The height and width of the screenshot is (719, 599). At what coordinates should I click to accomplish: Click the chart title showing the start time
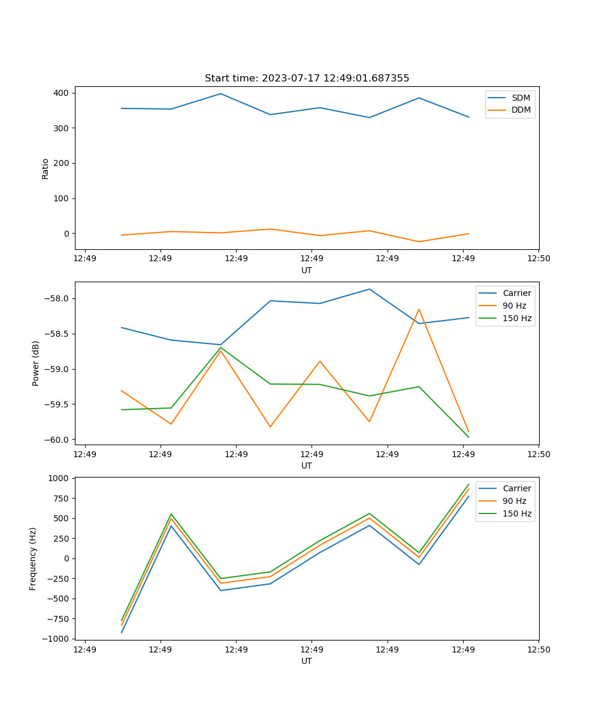coord(307,78)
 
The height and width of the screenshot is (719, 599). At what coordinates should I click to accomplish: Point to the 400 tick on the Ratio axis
coord(61,93)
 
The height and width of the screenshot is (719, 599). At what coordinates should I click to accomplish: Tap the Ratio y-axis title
coord(46,168)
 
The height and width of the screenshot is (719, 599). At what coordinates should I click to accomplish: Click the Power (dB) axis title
coord(36,363)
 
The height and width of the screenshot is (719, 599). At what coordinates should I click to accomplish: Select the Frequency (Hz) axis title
coord(33,558)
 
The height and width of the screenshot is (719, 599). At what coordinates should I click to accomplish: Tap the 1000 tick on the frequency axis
coord(60,478)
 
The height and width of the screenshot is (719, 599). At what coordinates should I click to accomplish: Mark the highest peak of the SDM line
coord(220,93)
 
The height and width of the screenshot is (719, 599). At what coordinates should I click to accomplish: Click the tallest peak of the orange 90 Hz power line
coord(419,309)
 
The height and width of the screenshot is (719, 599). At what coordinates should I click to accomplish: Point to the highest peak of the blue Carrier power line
coord(370,289)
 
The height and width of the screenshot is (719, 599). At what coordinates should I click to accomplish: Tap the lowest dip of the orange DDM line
coord(419,241)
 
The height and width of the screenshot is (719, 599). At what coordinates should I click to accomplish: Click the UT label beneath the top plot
coord(307,270)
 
